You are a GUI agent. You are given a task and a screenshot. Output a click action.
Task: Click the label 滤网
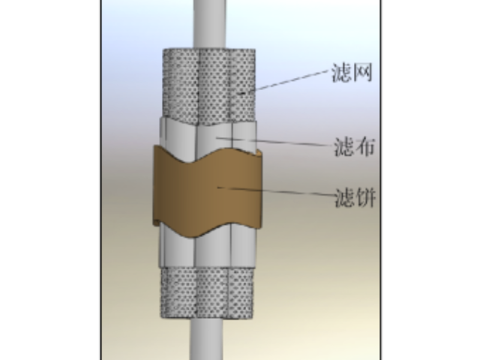(x=352, y=73)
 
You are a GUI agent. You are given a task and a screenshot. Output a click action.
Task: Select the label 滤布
(x=354, y=147)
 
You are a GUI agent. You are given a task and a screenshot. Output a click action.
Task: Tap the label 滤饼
(x=355, y=198)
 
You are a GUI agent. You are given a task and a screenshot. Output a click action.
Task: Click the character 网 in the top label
(x=363, y=73)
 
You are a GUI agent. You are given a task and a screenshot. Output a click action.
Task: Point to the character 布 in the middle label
(x=365, y=147)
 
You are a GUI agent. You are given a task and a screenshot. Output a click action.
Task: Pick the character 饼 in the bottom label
(x=366, y=198)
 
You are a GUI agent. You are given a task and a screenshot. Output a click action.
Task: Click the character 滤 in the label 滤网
(x=342, y=73)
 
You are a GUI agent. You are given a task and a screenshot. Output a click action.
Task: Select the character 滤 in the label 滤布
(x=343, y=147)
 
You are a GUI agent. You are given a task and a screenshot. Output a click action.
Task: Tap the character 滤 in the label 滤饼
(x=345, y=198)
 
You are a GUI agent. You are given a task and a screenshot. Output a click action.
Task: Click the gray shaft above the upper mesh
(x=209, y=24)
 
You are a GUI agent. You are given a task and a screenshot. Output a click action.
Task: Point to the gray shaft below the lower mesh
(x=206, y=339)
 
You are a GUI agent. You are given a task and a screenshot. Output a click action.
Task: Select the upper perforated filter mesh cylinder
(x=209, y=85)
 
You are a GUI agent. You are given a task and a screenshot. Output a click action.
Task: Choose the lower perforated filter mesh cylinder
(x=207, y=292)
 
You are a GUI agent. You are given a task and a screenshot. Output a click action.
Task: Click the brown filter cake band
(x=207, y=191)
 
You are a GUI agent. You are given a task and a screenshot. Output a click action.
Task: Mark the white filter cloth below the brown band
(x=207, y=248)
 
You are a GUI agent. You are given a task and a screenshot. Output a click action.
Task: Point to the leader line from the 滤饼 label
(x=275, y=190)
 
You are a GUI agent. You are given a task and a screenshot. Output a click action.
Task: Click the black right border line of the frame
(x=381, y=180)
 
